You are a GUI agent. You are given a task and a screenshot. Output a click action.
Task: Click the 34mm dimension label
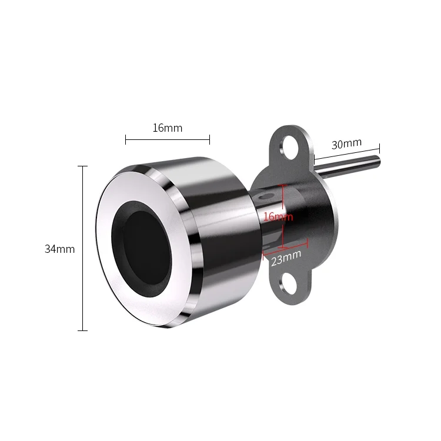point(59,249)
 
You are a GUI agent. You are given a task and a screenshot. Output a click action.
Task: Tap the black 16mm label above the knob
point(168,128)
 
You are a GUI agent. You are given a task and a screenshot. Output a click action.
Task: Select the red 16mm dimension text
point(278,216)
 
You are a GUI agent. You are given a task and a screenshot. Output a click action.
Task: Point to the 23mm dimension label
point(286,258)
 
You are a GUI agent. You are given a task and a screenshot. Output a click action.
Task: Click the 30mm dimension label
point(346,143)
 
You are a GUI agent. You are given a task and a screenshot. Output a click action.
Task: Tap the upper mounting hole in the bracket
point(289,146)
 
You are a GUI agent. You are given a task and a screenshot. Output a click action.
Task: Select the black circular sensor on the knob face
point(142,249)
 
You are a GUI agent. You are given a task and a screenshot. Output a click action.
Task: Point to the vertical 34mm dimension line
point(82,248)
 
